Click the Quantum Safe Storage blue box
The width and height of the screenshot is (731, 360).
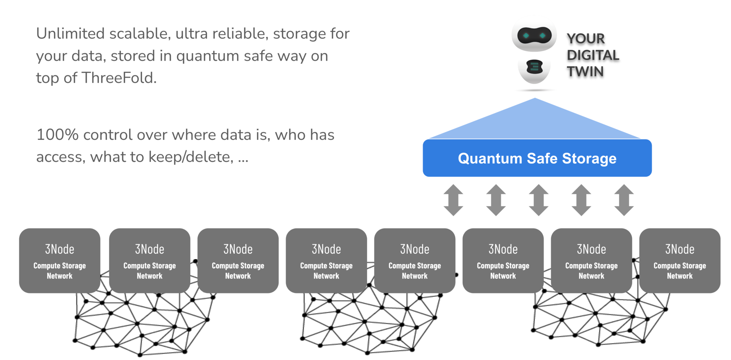(x=537, y=158)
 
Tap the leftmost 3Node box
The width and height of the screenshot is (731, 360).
(x=59, y=260)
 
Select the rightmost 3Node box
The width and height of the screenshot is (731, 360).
(x=679, y=260)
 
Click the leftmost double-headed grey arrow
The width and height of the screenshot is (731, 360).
(x=453, y=200)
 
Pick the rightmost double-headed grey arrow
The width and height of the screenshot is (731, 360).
(x=624, y=200)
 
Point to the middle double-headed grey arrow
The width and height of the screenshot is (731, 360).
(x=538, y=200)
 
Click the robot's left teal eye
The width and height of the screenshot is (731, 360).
(x=526, y=36)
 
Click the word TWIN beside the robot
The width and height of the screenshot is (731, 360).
(x=585, y=72)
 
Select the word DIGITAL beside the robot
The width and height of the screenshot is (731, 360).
(x=593, y=55)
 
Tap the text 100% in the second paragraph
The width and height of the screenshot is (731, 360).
(x=57, y=135)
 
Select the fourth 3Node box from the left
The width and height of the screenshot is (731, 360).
(x=326, y=260)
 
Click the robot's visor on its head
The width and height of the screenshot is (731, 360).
(x=534, y=36)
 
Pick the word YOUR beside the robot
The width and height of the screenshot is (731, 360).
(x=580, y=39)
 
